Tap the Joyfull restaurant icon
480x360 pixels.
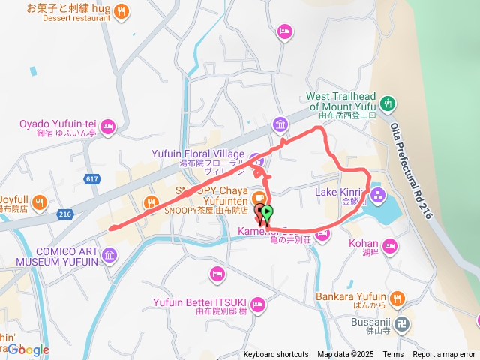40,201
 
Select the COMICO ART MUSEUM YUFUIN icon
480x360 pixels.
109,257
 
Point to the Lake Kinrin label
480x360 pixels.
337,193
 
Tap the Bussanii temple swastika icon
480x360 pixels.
403,324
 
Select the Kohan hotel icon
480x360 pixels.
390,244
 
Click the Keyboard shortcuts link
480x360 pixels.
275,355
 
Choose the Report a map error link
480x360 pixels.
444,355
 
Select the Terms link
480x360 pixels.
393,355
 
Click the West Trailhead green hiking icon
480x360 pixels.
388,103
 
